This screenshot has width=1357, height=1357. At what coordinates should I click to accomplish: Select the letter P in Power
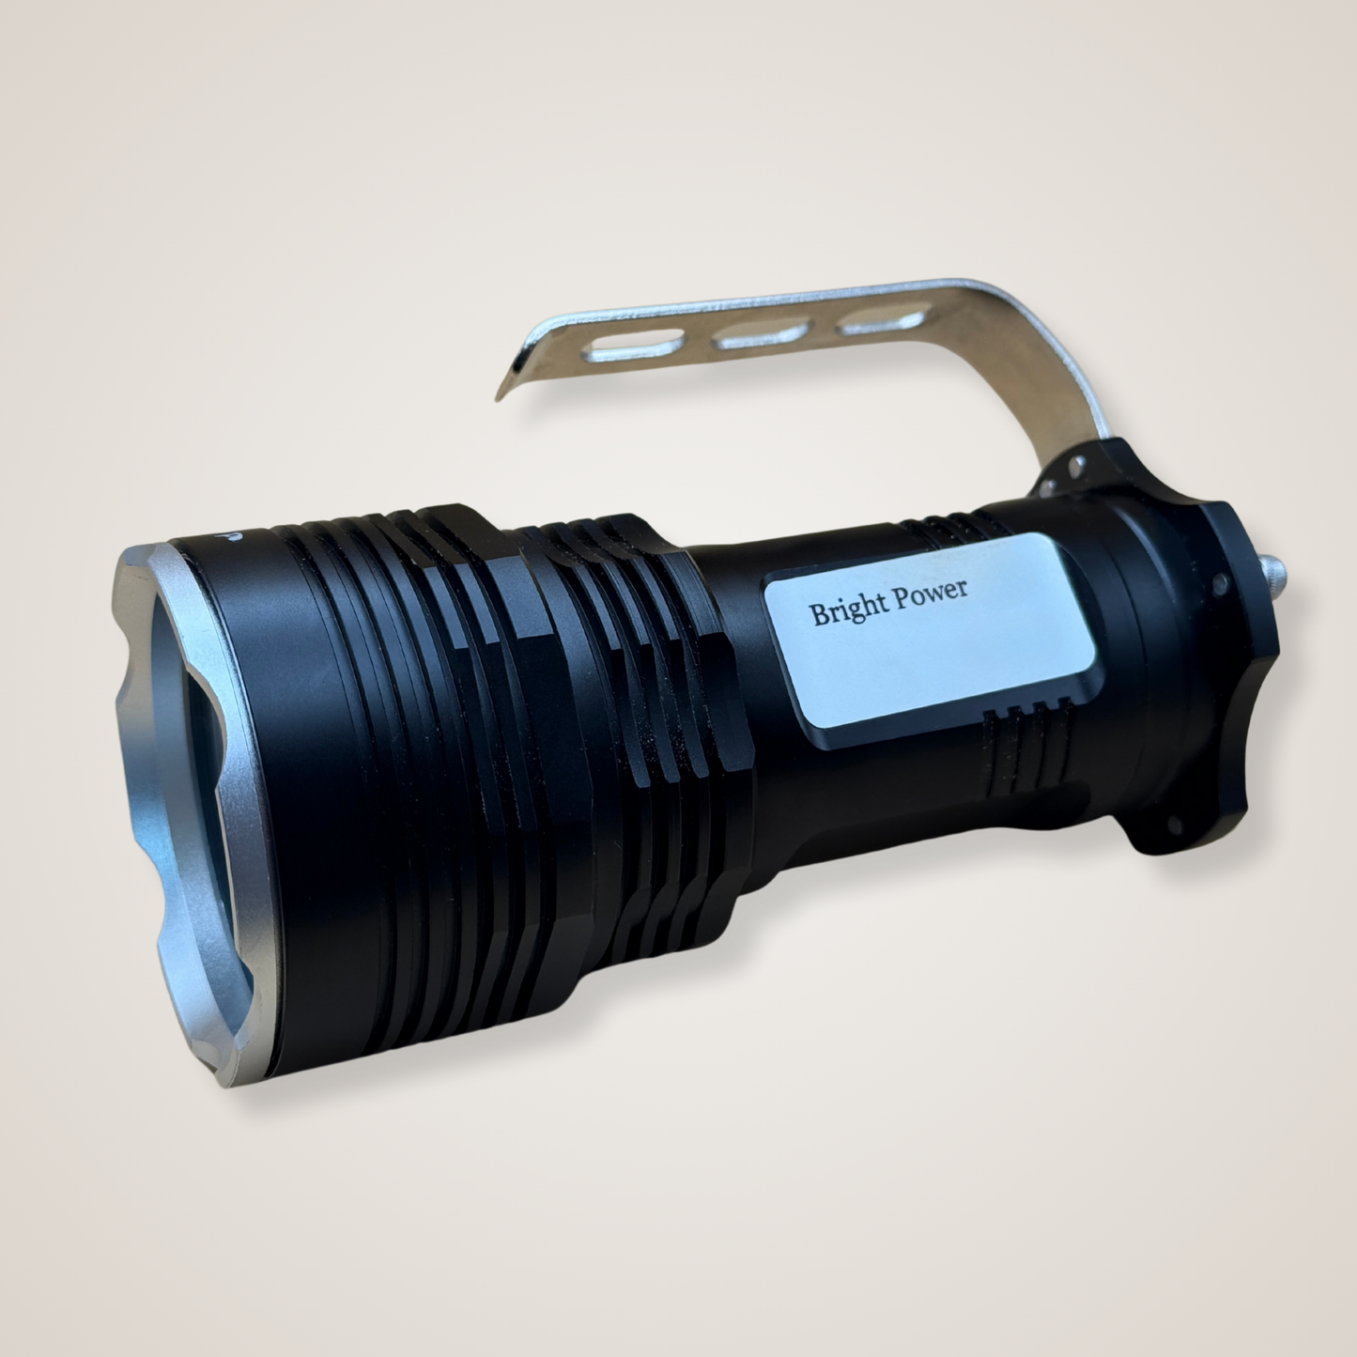tap(900, 599)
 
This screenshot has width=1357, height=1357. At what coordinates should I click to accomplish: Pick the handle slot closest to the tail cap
tap(883, 322)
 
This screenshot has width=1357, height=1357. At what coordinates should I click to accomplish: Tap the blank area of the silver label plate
tap(930, 667)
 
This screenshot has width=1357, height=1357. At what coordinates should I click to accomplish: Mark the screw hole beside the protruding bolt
tap(1220, 584)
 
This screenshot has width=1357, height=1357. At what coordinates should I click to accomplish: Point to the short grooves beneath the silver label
tap(1019, 716)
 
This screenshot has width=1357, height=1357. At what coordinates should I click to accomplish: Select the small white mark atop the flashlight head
tap(232, 535)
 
